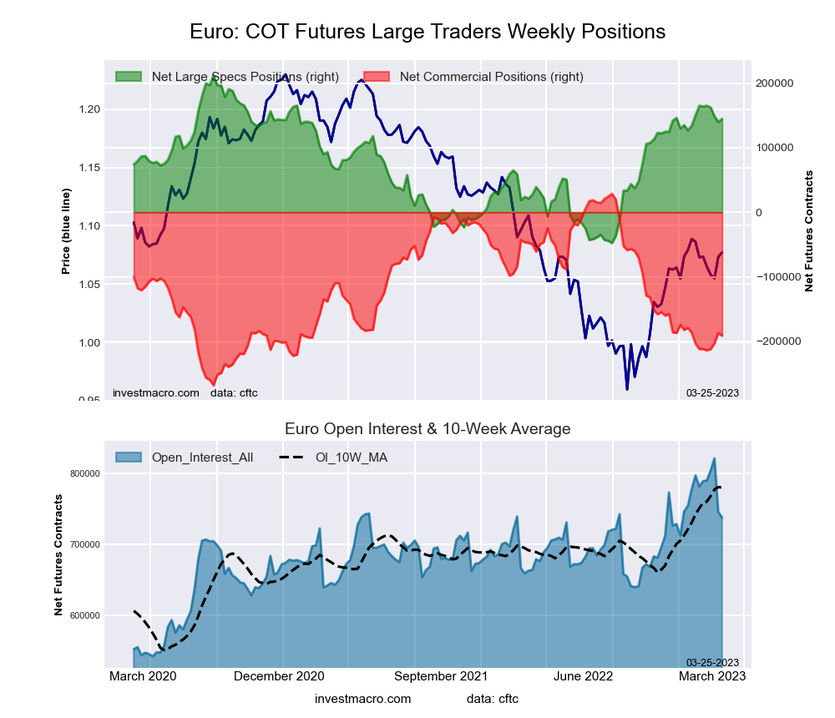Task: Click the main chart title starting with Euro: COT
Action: [428, 32]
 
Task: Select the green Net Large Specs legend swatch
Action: [129, 77]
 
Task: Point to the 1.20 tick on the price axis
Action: [89, 109]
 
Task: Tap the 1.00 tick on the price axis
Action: [89, 343]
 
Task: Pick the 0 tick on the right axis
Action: [758, 213]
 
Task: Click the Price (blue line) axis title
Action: [66, 231]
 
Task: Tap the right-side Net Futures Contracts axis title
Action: [808, 231]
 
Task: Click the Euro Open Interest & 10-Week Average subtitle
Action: [428, 429]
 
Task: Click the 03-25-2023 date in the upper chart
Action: [712, 392]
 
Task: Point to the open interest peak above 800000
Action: [714, 458]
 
